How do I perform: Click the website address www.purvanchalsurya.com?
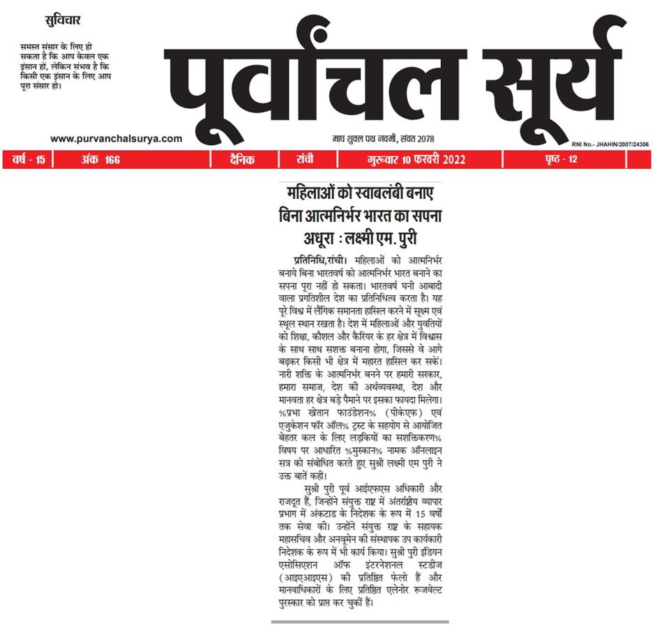click(116, 139)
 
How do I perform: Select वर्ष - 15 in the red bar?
click(29, 160)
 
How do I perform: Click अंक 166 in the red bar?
click(98, 160)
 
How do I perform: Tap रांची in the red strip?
click(305, 160)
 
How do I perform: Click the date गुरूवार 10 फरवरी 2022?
click(416, 160)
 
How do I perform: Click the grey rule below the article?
click(360, 621)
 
